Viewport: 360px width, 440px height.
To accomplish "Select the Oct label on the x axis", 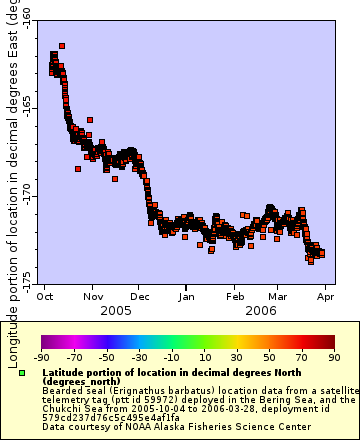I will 45,297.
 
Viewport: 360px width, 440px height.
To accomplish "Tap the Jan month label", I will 187,297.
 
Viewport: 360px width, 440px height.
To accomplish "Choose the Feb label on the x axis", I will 235,297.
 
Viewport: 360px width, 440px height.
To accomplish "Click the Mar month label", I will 278,297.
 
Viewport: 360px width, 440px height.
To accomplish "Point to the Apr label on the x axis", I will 326,297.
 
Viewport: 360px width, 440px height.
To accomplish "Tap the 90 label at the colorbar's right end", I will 333,356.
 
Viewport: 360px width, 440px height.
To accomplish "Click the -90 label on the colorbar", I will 42,356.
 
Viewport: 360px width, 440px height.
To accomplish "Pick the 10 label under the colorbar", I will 204,356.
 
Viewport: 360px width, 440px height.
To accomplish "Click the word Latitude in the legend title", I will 67,372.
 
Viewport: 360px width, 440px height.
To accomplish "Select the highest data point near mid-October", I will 62,45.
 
